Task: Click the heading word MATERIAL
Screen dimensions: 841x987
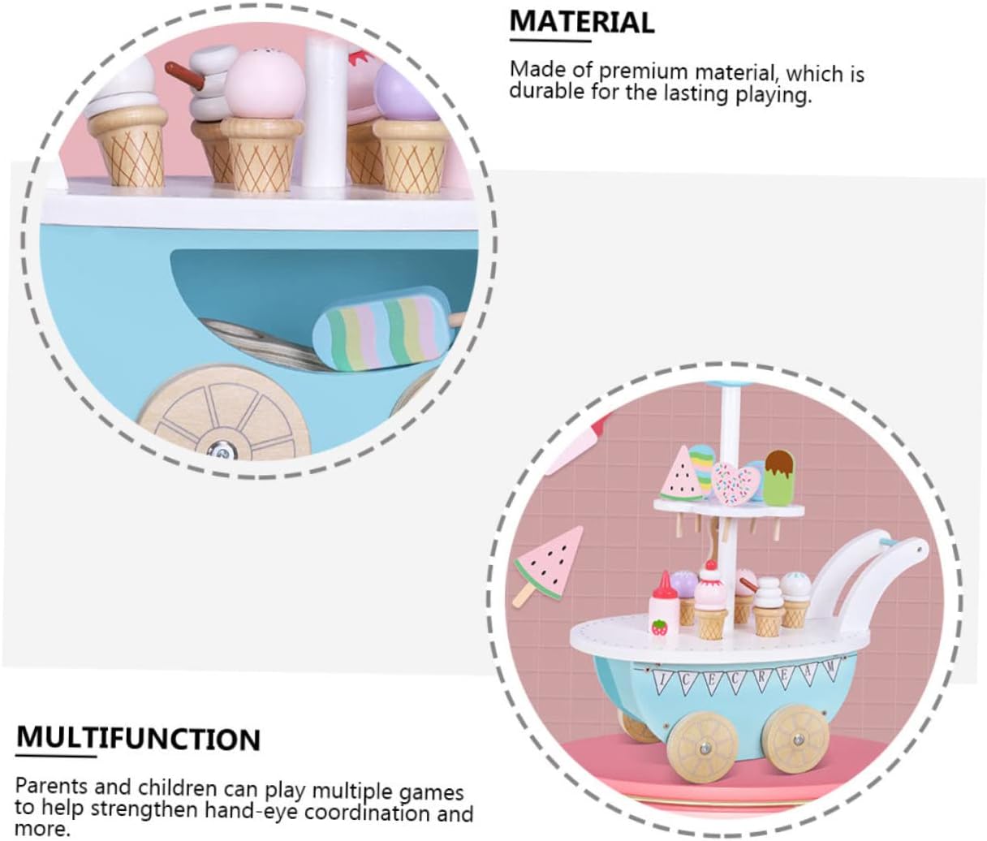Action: click(581, 22)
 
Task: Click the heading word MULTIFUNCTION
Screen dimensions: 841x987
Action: click(138, 739)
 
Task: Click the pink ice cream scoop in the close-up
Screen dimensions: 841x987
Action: click(258, 85)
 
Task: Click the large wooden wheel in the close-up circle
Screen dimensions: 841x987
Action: click(223, 415)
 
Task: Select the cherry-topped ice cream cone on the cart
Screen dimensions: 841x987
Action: click(711, 601)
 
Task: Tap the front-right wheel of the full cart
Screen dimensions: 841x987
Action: click(797, 739)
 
